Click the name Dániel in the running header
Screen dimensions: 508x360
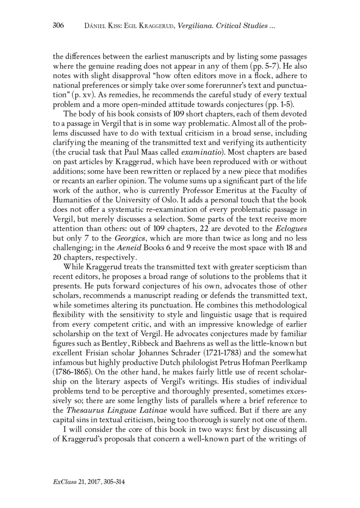click(96, 26)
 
